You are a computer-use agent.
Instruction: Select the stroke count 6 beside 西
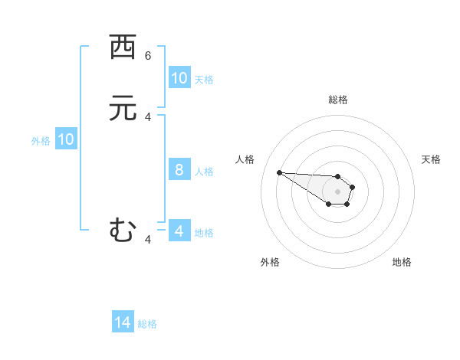coord(148,55)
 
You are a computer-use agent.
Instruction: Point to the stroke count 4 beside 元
coord(148,116)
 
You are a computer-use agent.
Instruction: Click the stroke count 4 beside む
coord(148,240)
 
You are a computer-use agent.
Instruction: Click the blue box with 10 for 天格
coord(179,78)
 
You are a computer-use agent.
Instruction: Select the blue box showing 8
coord(179,170)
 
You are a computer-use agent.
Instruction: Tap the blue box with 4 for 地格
coord(179,231)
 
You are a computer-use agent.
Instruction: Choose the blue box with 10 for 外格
coord(66,139)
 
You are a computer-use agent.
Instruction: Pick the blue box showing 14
coord(123,323)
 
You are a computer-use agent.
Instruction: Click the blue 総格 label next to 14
coord(147,324)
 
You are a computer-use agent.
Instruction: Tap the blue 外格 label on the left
coord(41,140)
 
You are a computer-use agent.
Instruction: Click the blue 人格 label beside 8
coord(205,171)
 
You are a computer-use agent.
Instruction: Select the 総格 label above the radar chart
coord(338,100)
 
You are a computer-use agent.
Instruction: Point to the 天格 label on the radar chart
coord(431,159)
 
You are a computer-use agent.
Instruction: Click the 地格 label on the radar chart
coord(402,262)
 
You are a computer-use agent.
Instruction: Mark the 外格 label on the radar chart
coord(270,262)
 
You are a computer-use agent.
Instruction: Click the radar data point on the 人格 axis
coord(279,172)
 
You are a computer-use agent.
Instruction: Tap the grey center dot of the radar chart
coord(338,191)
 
